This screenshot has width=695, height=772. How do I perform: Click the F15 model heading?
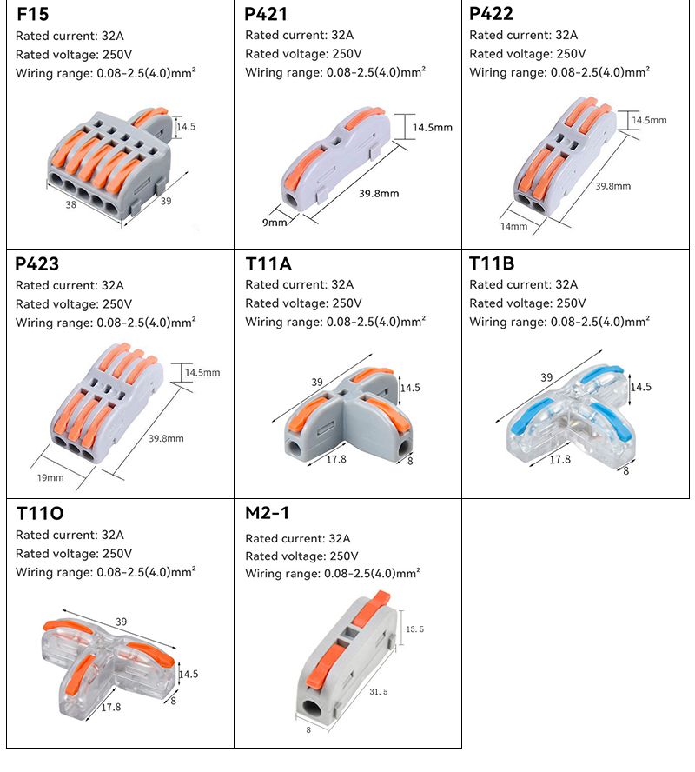(34, 15)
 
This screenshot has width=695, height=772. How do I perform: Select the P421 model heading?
(266, 15)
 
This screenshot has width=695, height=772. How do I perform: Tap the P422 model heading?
(491, 14)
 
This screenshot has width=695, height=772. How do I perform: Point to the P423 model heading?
(37, 263)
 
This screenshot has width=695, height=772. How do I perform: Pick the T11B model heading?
(492, 263)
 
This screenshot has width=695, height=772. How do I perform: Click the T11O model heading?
(40, 513)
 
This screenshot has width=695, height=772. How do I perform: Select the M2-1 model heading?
(268, 513)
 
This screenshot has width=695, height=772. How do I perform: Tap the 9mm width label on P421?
(275, 223)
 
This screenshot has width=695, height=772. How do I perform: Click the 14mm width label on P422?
(513, 226)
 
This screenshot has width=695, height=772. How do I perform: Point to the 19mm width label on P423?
(50, 477)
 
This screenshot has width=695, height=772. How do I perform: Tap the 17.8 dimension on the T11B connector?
(559, 459)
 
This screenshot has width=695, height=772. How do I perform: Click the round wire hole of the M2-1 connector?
(311, 709)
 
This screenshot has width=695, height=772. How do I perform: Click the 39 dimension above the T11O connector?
(121, 622)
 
